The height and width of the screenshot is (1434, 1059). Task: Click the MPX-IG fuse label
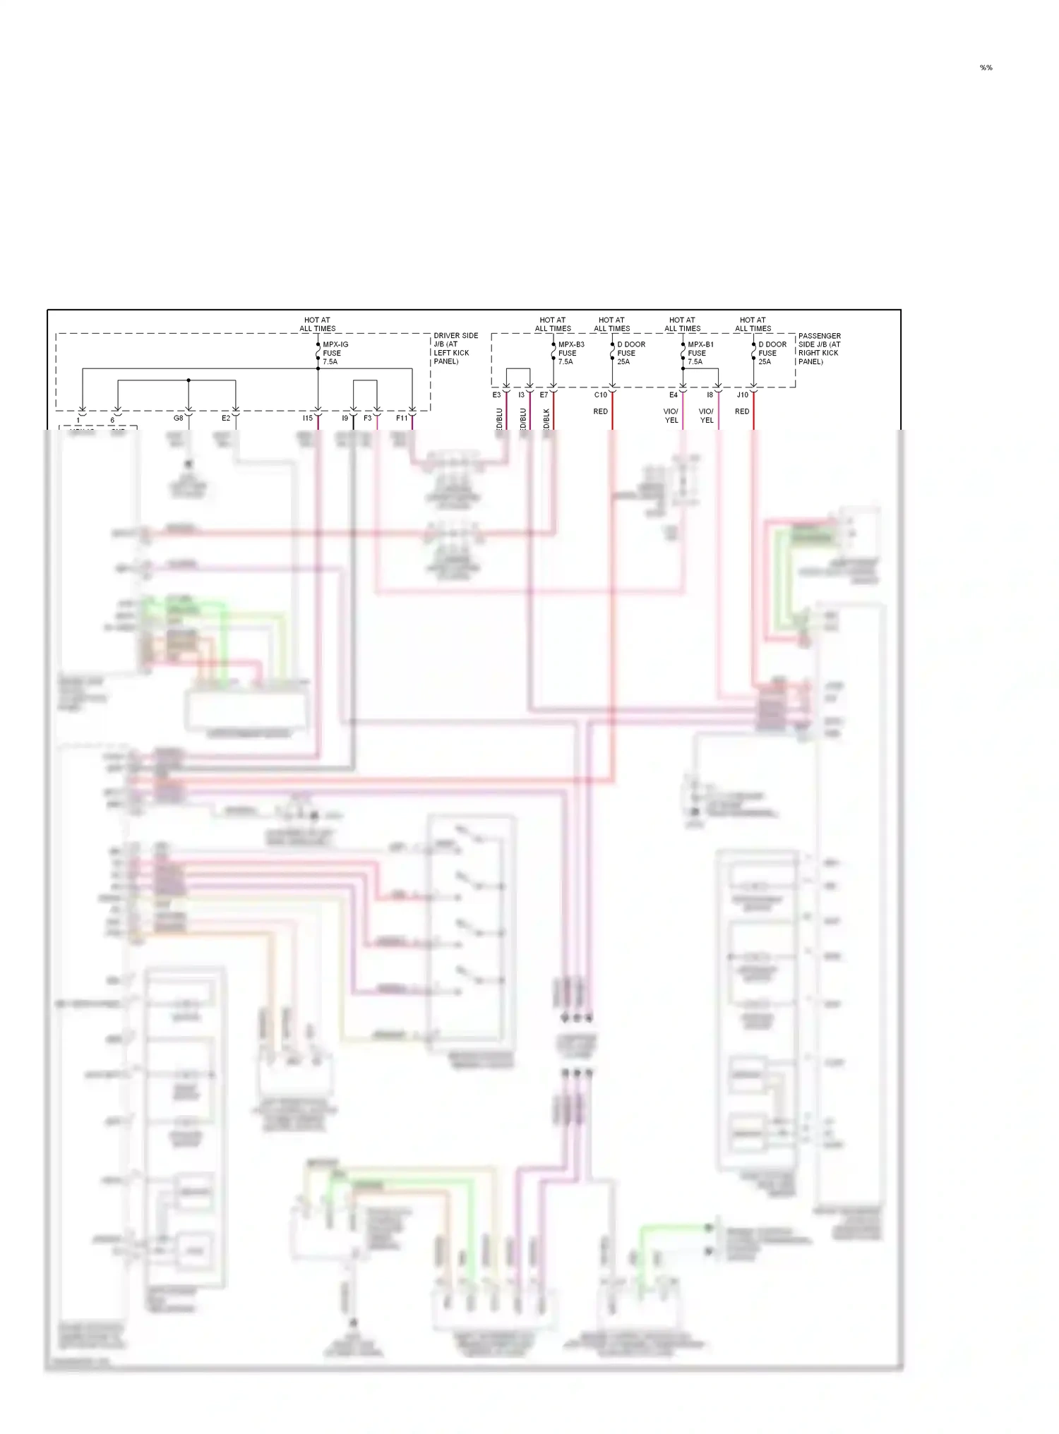[x=335, y=353]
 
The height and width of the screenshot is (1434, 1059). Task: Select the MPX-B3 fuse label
[x=570, y=353]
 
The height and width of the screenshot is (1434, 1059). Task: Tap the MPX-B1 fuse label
[x=700, y=353]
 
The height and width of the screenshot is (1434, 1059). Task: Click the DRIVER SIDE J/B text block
[x=455, y=349]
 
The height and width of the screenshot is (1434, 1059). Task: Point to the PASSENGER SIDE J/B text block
[x=819, y=349]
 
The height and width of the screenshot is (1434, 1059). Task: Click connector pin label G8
[x=179, y=418]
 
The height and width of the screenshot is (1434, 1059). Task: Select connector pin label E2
[x=226, y=418]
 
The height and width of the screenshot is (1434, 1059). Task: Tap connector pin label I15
[x=308, y=418]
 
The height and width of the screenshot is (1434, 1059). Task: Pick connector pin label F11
[x=402, y=418]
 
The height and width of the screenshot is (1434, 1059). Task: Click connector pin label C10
[x=601, y=395]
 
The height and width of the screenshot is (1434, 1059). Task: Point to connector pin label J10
[x=743, y=395]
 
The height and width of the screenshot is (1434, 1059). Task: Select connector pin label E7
[x=544, y=395]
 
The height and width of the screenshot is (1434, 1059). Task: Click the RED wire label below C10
[x=601, y=411]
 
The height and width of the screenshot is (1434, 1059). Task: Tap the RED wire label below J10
[x=742, y=411]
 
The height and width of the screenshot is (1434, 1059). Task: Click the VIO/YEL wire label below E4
[x=671, y=416]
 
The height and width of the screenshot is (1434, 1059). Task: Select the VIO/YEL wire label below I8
[x=707, y=416]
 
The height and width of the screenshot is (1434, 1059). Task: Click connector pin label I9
[x=345, y=418]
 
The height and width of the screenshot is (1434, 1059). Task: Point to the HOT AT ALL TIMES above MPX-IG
[x=317, y=324]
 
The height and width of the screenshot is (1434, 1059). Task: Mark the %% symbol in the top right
[x=986, y=68]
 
